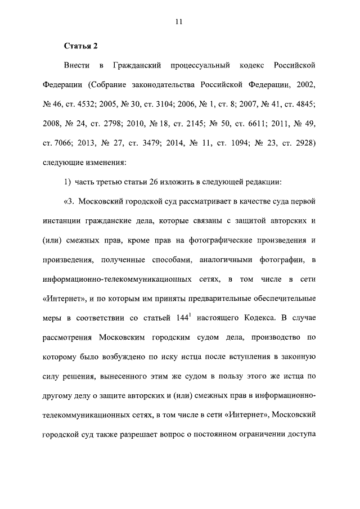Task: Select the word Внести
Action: point(75,67)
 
